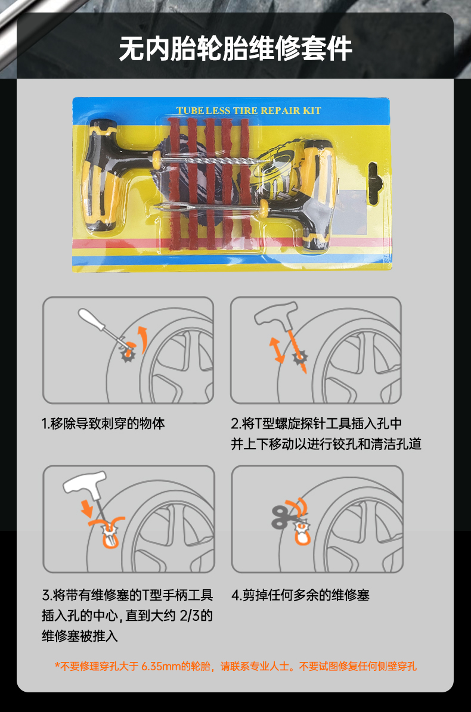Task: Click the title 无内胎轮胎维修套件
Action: [235, 49]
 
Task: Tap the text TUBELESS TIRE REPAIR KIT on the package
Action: [249, 110]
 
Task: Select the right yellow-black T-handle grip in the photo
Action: [317, 195]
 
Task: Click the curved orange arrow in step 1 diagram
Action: [144, 338]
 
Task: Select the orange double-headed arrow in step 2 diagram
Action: [276, 350]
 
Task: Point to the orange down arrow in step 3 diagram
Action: [86, 509]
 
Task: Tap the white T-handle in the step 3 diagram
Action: [86, 483]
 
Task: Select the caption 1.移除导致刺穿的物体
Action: [103, 424]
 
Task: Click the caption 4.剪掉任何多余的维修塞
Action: [300, 595]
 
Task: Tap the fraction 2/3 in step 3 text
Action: [190, 615]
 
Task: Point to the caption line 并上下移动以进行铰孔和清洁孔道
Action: [326, 444]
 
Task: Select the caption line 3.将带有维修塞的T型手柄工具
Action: [128, 595]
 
